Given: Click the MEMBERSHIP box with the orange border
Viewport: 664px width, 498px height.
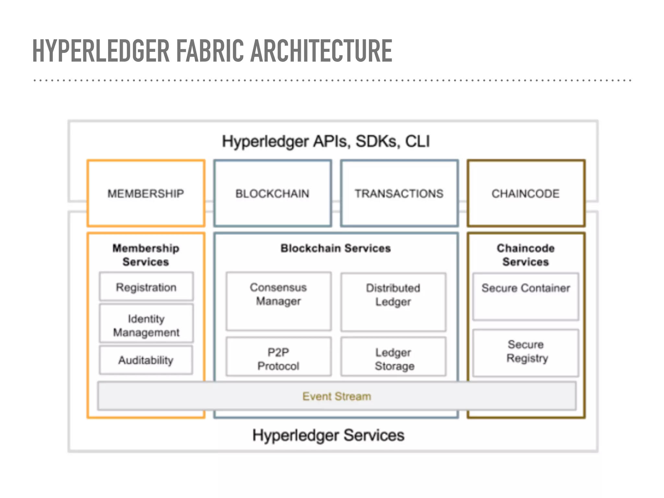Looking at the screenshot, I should [x=146, y=194].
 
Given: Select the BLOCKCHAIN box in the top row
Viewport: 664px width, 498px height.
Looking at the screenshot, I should [x=273, y=194].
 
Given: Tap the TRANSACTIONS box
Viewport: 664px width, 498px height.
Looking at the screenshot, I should [x=399, y=194].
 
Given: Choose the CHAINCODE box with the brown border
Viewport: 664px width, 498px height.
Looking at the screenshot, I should [x=526, y=194].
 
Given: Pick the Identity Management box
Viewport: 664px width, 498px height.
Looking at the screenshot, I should [x=146, y=325].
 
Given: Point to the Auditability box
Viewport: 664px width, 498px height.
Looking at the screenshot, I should [x=146, y=360].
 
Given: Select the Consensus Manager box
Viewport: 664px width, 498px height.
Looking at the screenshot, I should [x=279, y=301].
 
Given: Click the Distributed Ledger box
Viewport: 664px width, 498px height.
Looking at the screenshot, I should [x=393, y=302].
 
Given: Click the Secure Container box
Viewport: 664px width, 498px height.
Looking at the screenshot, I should [x=526, y=296].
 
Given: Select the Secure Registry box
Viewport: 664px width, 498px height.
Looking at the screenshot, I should [x=526, y=352].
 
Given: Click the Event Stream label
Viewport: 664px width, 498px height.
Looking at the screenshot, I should [x=337, y=396].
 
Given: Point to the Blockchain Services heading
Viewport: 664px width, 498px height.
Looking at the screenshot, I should [x=336, y=248].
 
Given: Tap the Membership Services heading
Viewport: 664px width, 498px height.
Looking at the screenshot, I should [x=146, y=255].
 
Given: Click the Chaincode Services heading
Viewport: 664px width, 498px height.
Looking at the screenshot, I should [x=526, y=255].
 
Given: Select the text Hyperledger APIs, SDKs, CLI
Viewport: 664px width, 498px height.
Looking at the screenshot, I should [x=326, y=141].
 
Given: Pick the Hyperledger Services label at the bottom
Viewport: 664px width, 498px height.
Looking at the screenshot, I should [x=328, y=435].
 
